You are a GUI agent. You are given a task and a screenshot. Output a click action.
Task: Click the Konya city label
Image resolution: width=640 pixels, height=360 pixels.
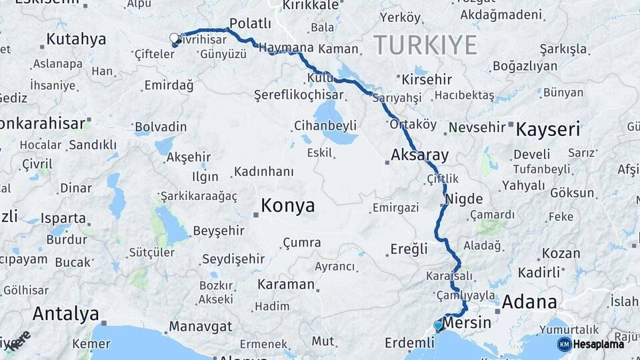click(x=287, y=205)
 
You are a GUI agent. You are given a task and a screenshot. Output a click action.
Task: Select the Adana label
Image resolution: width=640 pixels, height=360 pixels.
click(x=529, y=302)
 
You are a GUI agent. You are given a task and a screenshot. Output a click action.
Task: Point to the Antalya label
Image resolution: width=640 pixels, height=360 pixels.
click(x=65, y=313)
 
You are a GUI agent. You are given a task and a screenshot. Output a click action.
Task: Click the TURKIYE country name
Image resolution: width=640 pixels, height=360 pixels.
click(x=425, y=45)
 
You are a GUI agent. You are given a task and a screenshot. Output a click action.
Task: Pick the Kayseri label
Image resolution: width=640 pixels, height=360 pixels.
click(x=548, y=129)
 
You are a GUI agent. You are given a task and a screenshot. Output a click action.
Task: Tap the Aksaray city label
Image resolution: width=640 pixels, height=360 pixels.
click(x=420, y=155)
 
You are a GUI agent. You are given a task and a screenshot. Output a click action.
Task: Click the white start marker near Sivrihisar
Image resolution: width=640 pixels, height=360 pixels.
click(x=175, y=38)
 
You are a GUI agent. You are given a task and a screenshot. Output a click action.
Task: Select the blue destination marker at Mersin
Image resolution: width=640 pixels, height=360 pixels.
click(x=438, y=325)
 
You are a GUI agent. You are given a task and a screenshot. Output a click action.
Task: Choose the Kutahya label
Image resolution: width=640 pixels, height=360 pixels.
click(x=77, y=39)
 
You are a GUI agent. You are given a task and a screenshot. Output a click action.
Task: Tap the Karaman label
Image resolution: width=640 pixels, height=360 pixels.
click(x=286, y=285)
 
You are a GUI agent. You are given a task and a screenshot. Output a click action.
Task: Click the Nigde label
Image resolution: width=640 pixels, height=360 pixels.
click(x=463, y=198)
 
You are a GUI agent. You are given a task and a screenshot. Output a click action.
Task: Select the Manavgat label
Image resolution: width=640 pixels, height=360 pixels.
click(x=200, y=327)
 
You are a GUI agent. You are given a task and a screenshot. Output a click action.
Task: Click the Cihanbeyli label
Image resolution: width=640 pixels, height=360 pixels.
click(x=325, y=125)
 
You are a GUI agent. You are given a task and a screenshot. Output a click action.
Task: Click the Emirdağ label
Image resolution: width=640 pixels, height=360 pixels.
click(x=169, y=85)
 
